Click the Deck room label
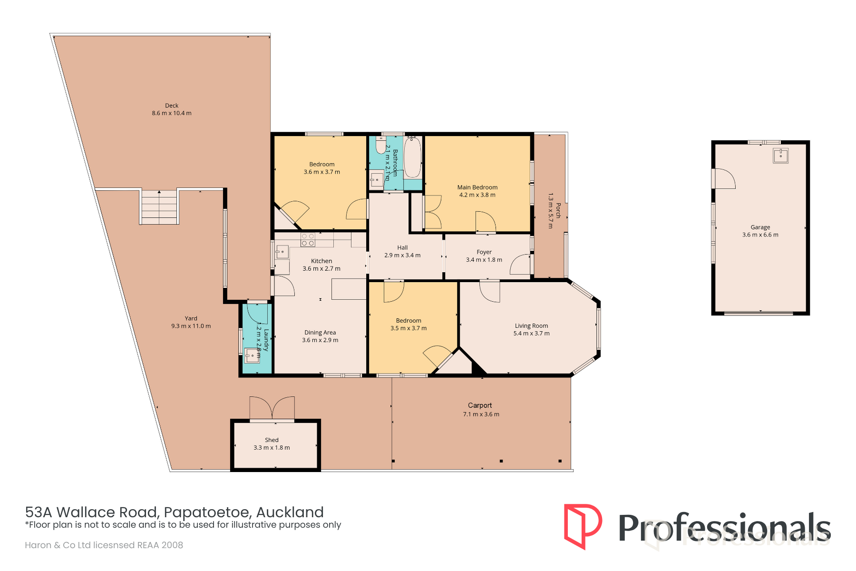coord(172,106)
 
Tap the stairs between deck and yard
coord(159,207)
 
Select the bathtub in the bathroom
coord(412,157)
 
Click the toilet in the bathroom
coord(381,145)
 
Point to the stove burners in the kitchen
coord(308,240)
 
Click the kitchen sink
coord(282,252)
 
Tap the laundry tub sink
coord(252,355)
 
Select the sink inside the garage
coord(780,156)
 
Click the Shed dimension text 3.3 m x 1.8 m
coord(272,448)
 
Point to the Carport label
coord(480,405)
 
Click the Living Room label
coord(531,326)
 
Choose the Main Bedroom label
coord(477,187)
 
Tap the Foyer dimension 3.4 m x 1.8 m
coord(484,260)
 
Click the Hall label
coord(402,247)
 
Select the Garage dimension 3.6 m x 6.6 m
coord(760,235)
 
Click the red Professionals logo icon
coord(583,526)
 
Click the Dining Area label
coord(320,333)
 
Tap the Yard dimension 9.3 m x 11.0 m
coord(191,326)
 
